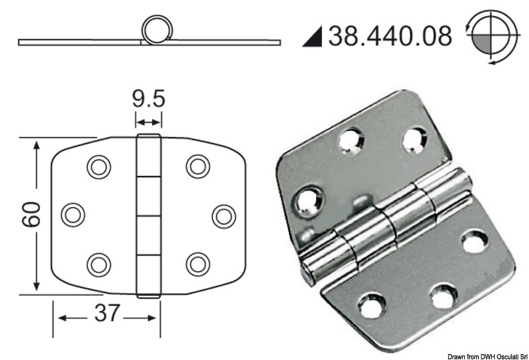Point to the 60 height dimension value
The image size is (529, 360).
click(x=35, y=215)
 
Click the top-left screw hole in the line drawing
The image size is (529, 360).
click(x=99, y=167)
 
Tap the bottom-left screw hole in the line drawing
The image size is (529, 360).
click(x=99, y=264)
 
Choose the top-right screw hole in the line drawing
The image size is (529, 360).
click(x=198, y=166)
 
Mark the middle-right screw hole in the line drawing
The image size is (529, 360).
click(x=224, y=215)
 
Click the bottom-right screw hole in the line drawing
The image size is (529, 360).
click(x=198, y=264)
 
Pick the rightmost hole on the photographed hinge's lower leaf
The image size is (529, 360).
click(x=475, y=242)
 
